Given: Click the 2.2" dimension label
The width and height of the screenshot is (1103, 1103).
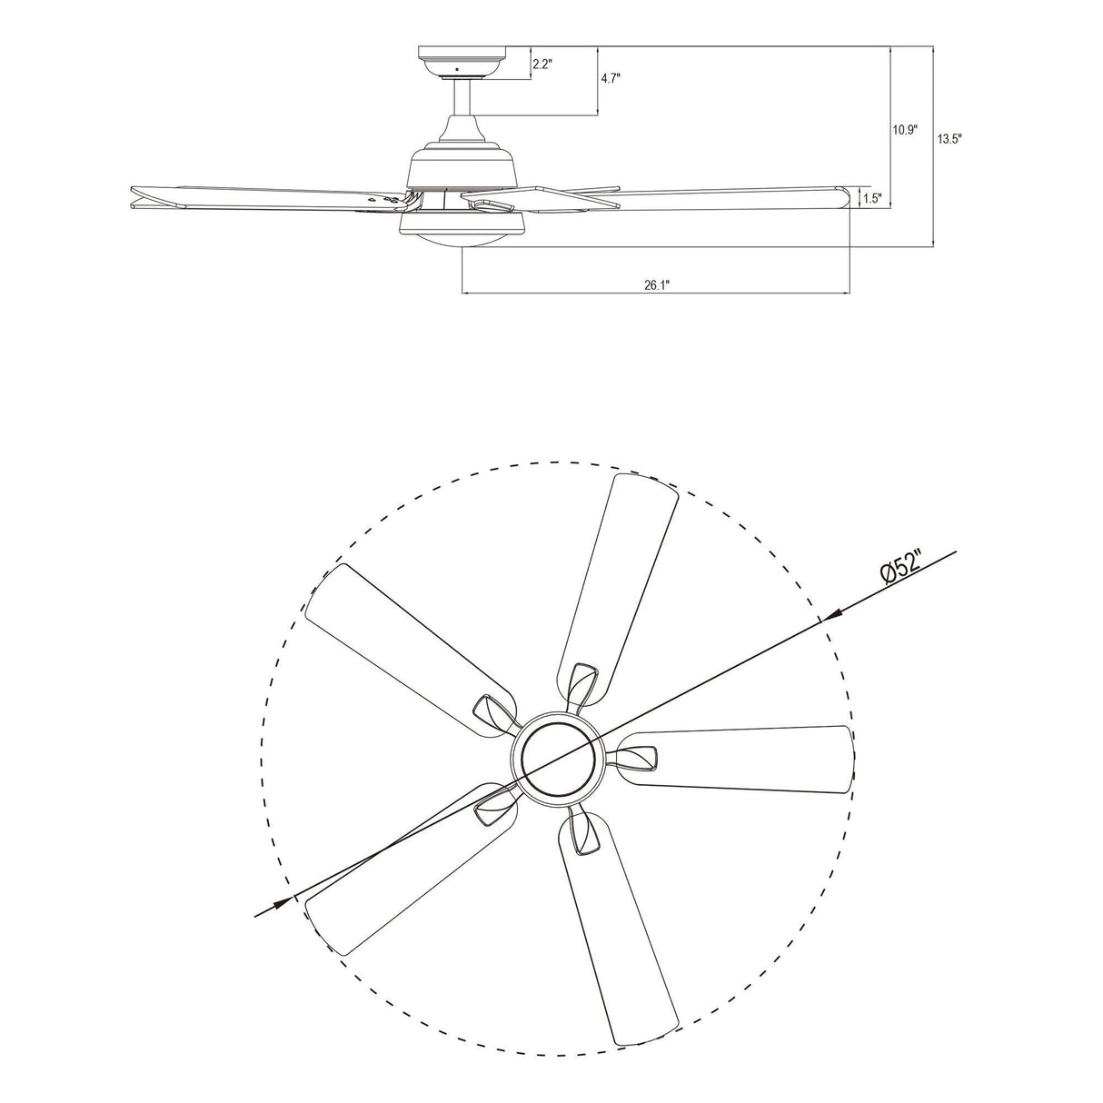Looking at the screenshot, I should pyautogui.click(x=542, y=64).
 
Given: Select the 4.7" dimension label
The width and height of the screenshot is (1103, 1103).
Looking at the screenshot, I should pyautogui.click(x=610, y=79).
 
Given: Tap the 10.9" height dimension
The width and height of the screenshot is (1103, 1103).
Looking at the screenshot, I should pyautogui.click(x=904, y=130).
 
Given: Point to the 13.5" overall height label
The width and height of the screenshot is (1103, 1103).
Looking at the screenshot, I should pyautogui.click(x=949, y=139).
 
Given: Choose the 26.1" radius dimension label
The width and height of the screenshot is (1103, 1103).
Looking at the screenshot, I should pyautogui.click(x=656, y=284).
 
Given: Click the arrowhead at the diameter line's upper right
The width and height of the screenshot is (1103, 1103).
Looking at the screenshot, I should pyautogui.click(x=833, y=614).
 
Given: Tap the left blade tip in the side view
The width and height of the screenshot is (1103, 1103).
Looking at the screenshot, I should pyautogui.click(x=136, y=196).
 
